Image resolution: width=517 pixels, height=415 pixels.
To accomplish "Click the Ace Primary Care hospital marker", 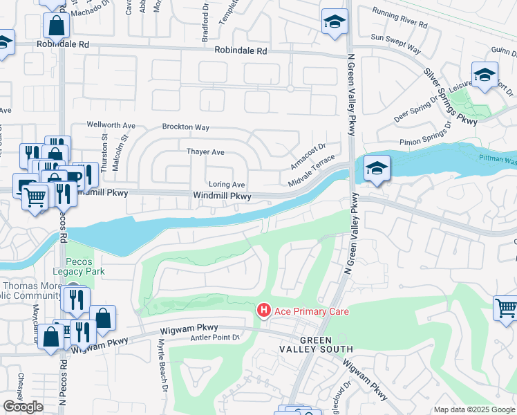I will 263,311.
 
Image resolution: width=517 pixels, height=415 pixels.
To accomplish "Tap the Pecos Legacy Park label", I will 85,266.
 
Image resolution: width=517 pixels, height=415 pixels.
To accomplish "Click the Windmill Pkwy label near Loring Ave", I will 220,197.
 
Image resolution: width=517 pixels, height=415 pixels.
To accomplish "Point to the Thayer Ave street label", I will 205,151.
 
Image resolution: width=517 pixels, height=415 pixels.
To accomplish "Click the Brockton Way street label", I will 185,127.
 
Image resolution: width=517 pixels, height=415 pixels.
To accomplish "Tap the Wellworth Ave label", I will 111,125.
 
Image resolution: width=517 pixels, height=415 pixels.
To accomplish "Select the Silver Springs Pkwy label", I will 451,96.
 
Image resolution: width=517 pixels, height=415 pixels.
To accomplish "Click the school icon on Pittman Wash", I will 377,168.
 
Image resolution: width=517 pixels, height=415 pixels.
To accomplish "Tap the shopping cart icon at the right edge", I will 506,308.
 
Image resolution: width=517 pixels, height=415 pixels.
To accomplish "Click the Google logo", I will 23,407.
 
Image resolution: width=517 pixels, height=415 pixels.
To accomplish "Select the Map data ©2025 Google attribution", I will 474,409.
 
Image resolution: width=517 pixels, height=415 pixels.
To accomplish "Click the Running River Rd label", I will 399,18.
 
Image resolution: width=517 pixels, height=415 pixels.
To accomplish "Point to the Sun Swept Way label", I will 395,44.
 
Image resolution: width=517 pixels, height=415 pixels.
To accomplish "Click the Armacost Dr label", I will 308,156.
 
